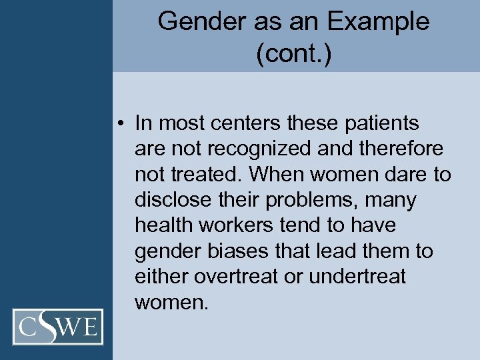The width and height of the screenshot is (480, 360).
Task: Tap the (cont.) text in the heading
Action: click(x=293, y=53)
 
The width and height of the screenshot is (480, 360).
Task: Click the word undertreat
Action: click(x=356, y=277)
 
